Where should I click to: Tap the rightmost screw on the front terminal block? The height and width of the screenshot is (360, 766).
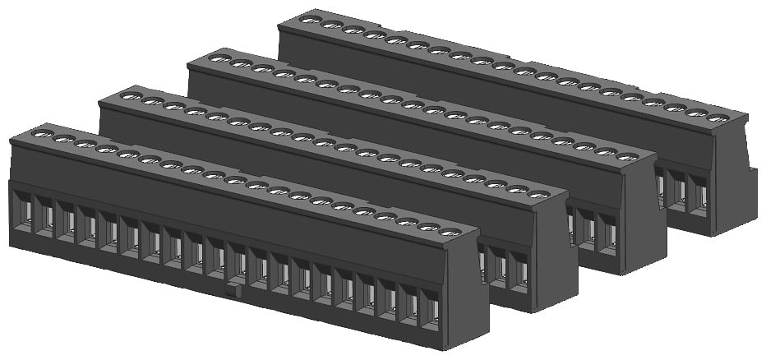(x=449, y=233)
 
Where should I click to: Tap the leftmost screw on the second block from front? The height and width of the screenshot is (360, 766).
(x=128, y=96)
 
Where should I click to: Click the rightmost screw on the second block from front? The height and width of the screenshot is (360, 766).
(x=538, y=195)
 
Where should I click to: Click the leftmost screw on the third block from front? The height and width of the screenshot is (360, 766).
(x=219, y=58)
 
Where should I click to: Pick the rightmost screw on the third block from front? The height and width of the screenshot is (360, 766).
(x=628, y=157)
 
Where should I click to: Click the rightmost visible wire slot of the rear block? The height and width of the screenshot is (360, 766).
(x=700, y=194)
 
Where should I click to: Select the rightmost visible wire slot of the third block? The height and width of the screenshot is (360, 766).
(x=609, y=233)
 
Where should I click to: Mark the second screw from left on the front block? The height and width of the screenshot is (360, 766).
(x=62, y=139)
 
